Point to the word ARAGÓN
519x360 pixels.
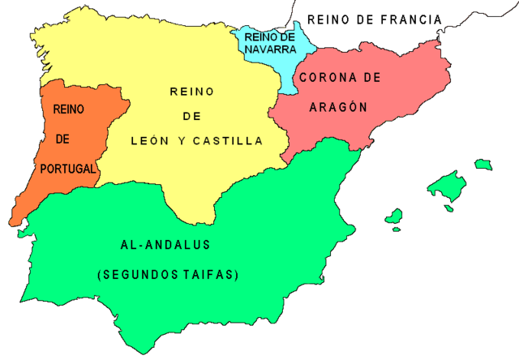(x=338, y=107)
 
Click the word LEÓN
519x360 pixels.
(x=149, y=140)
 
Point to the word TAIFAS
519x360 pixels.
(x=214, y=275)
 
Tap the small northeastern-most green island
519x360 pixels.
(x=484, y=165)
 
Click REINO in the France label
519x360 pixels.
(x=330, y=19)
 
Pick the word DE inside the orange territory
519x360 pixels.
(x=63, y=139)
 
